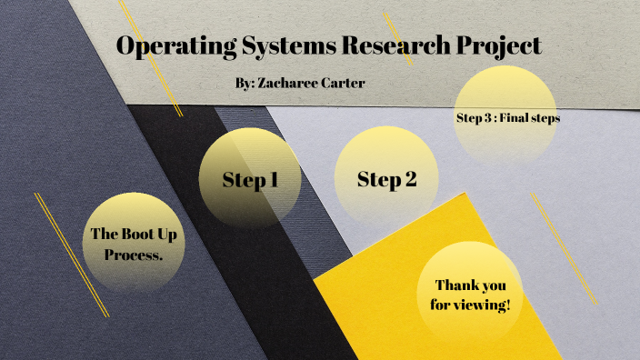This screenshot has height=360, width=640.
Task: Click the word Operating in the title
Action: [x=171, y=45]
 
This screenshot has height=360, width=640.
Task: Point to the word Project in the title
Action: [x=498, y=45]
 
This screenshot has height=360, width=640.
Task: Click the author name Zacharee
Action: [x=291, y=83]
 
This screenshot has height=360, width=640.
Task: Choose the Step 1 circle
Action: [x=250, y=179]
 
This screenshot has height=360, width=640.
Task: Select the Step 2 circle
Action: [x=387, y=179]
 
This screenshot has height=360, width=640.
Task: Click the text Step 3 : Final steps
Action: [x=508, y=117]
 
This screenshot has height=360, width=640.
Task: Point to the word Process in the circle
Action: [x=134, y=255]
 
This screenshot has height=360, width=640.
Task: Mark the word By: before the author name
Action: [x=245, y=83]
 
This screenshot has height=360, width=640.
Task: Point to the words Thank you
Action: [x=470, y=284]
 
